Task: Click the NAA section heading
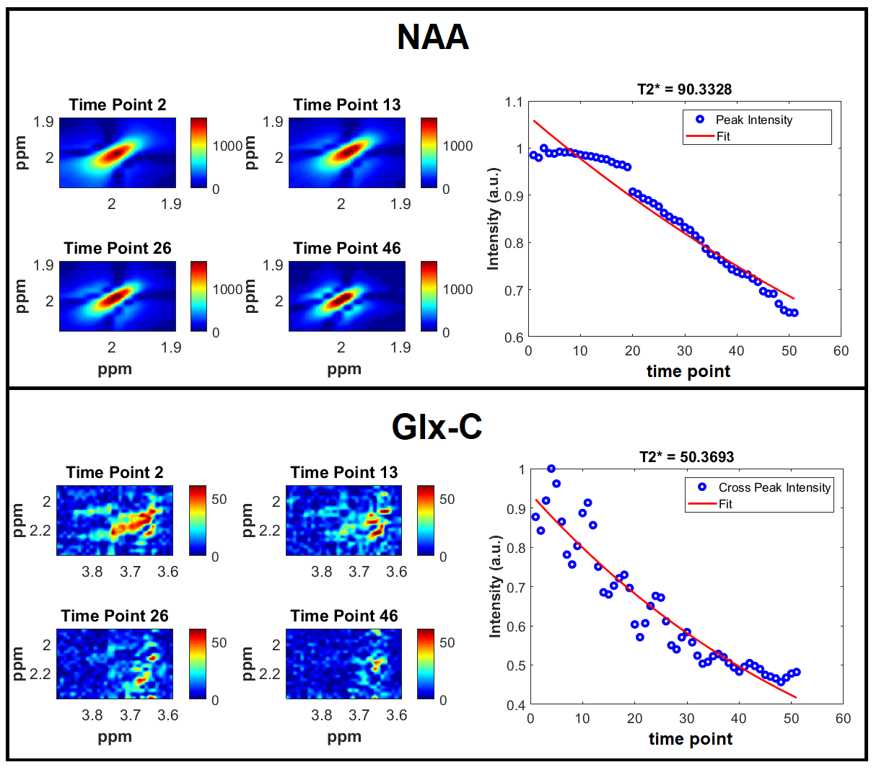(x=433, y=37)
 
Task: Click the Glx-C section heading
(x=437, y=427)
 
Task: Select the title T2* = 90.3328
(x=684, y=89)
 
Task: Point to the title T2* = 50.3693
(x=686, y=457)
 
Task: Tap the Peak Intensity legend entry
(x=753, y=120)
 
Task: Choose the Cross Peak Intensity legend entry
(x=774, y=487)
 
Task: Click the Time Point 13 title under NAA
(x=346, y=105)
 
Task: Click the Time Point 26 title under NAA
(x=118, y=249)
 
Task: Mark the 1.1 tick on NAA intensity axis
(x=513, y=102)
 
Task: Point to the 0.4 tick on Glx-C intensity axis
(x=516, y=704)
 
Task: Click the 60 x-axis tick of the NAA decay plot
(x=841, y=351)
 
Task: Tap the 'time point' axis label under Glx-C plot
(x=690, y=739)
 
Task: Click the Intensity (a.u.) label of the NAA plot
(x=494, y=220)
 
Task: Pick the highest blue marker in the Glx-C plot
(x=551, y=469)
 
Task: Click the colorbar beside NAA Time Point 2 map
(x=198, y=153)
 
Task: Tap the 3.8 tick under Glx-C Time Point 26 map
(x=92, y=715)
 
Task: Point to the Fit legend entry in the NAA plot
(x=723, y=136)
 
